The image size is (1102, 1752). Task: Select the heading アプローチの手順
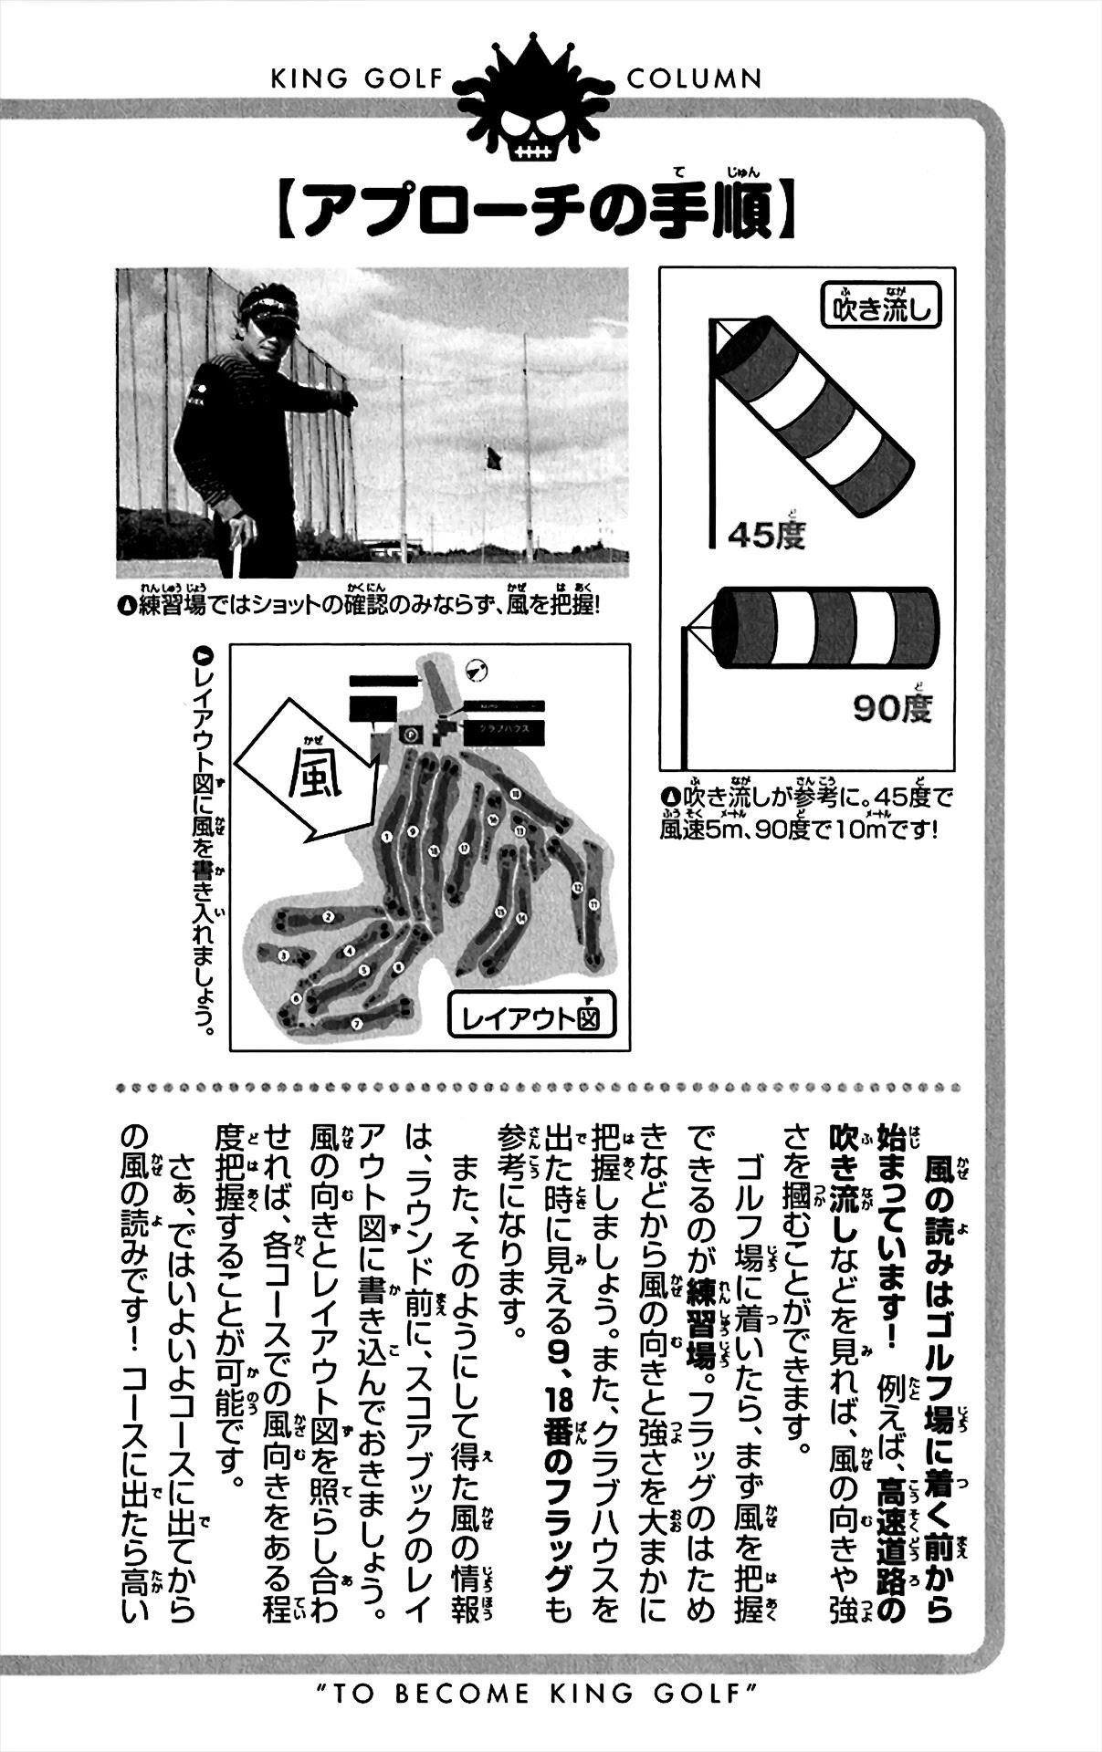[538, 216]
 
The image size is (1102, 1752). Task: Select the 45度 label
[767, 534]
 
